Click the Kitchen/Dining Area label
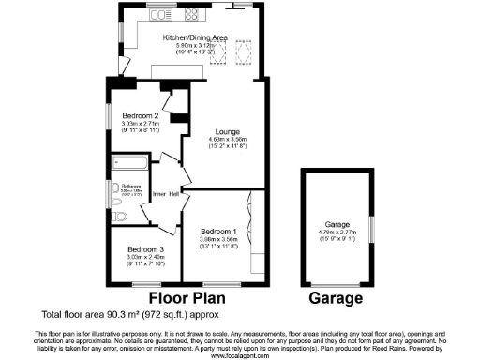pos(194,37)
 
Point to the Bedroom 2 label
pos(138,113)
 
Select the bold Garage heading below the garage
pos(336,298)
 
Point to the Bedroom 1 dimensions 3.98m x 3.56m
pos(217,240)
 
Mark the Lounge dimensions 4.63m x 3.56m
pos(221,142)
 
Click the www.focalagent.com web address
pos(239,355)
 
